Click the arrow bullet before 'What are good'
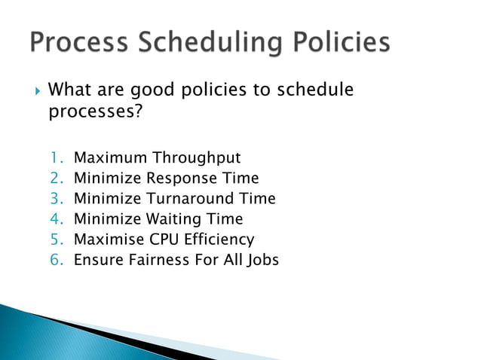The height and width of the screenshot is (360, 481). click(x=38, y=91)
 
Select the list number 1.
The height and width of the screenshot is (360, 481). click(x=57, y=157)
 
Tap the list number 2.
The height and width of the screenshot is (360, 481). click(x=57, y=178)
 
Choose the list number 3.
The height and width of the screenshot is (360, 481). click(x=57, y=199)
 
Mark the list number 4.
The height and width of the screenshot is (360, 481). click(x=57, y=219)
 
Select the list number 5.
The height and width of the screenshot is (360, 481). click(x=57, y=239)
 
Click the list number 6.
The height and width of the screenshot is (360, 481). click(x=57, y=260)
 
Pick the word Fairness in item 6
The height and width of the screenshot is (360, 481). click(x=154, y=260)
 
